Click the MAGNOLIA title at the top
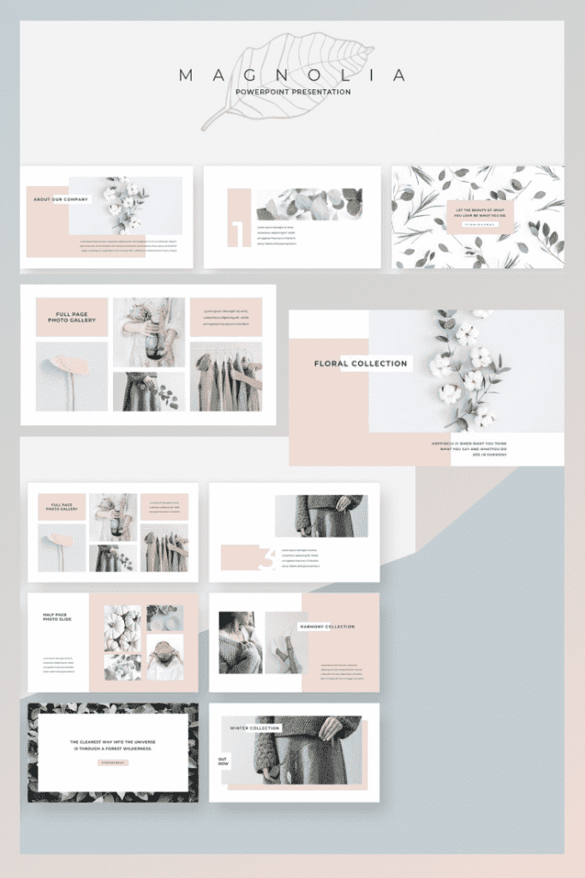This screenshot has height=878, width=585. click(x=292, y=75)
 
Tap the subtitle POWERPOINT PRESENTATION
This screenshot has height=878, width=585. click(x=292, y=92)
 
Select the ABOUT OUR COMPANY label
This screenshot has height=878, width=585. click(x=61, y=200)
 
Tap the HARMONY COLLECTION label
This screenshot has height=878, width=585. click(x=327, y=627)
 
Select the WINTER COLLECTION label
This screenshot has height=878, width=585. click(x=254, y=728)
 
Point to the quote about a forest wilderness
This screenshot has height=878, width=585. click(x=112, y=745)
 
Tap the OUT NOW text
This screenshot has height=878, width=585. click(x=223, y=761)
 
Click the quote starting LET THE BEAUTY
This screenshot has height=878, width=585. click(x=480, y=212)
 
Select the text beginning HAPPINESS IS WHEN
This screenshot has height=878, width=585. click(x=469, y=447)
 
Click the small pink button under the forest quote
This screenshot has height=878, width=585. click(x=113, y=762)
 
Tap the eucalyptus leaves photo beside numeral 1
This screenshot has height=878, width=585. click(x=307, y=204)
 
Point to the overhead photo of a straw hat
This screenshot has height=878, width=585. click(x=164, y=656)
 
